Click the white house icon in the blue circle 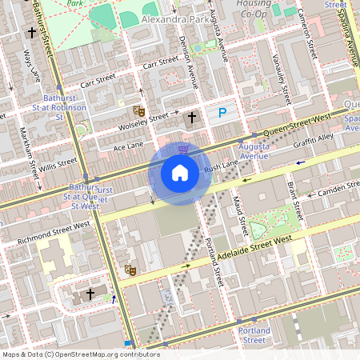pyautogui.click(x=180, y=173)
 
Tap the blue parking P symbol pyautogui.click(x=222, y=114)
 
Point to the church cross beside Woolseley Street pyautogui.click(x=191, y=118)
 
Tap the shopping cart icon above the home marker pyautogui.click(x=183, y=148)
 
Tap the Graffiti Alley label pyautogui.click(x=314, y=141)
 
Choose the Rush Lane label pyautogui.click(x=221, y=166)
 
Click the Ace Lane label pyautogui.click(x=128, y=147)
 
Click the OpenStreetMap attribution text pyautogui.click(x=80, y=354)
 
